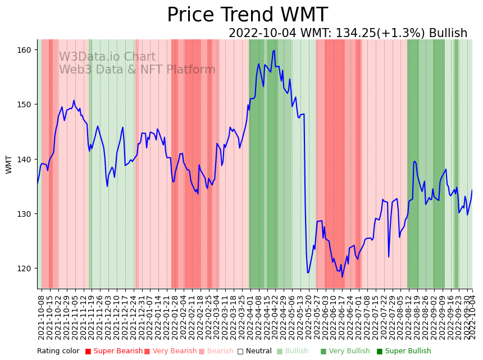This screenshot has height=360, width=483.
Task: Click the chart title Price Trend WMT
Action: click(x=247, y=15)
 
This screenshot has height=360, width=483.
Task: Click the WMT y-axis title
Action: click(x=9, y=165)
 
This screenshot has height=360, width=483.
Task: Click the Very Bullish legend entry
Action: click(x=349, y=352)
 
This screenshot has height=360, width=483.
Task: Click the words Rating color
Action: click(x=58, y=352)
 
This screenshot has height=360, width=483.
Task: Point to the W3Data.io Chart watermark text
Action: click(x=107, y=57)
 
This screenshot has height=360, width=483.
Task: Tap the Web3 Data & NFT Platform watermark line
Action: click(x=137, y=70)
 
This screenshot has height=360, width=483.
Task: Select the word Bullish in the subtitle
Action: click(x=448, y=33)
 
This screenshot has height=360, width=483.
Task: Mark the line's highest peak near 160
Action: click(x=274, y=51)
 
